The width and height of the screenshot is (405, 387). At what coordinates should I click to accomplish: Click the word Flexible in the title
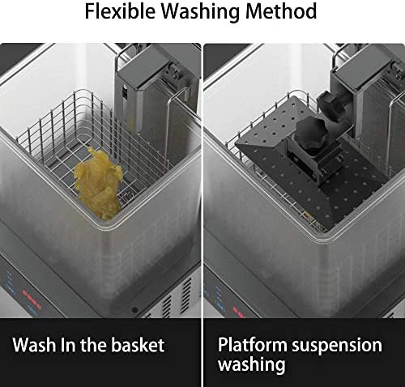pyautogui.click(x=120, y=11)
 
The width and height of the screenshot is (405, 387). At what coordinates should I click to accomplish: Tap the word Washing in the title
pyautogui.click(x=200, y=12)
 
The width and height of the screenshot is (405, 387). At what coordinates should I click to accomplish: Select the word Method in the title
pyautogui.click(x=281, y=11)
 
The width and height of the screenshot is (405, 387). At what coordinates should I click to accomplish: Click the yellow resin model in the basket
pyautogui.click(x=99, y=183)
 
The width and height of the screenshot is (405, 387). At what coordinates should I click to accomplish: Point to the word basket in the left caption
pyautogui.click(x=138, y=345)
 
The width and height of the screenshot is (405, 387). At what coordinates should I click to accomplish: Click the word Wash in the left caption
pyautogui.click(x=35, y=345)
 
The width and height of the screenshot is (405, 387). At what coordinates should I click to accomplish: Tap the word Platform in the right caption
pyautogui.click(x=253, y=345)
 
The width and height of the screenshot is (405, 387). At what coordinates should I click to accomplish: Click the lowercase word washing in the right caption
pyautogui.click(x=252, y=365)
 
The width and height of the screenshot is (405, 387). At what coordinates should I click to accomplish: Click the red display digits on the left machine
pyautogui.click(x=32, y=298)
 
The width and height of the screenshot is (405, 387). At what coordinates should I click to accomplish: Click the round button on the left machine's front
pyautogui.click(x=134, y=310)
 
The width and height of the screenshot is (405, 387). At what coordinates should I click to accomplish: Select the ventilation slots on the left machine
pyautogui.click(x=176, y=297)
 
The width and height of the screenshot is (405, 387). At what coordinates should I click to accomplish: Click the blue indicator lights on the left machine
pyautogui.click(x=11, y=282)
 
